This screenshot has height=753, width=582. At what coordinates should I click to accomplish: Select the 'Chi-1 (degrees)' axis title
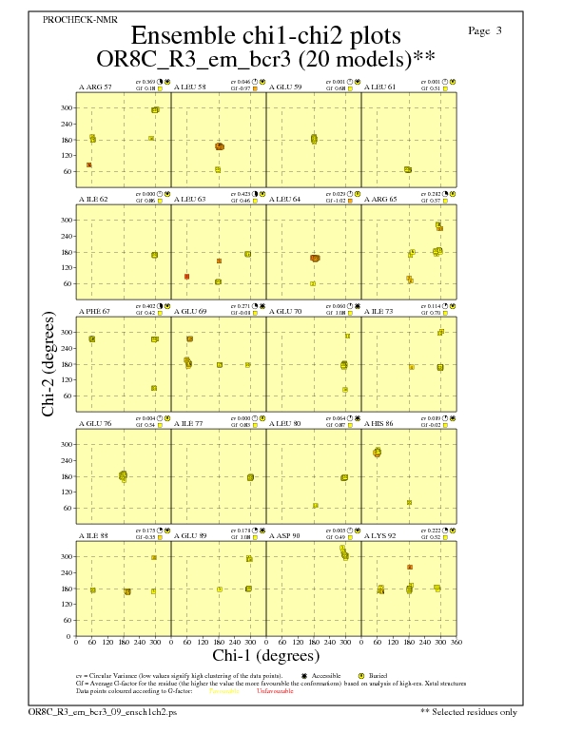pyautogui.click(x=265, y=655)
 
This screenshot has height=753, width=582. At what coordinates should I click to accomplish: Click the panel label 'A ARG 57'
pyautogui.click(x=94, y=87)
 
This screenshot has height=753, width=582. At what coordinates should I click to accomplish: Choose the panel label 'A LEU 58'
pyautogui.click(x=190, y=87)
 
